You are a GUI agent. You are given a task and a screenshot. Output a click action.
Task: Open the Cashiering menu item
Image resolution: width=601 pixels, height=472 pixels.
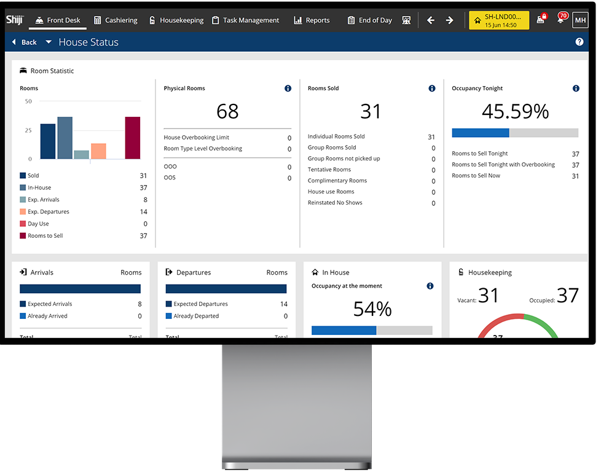tap(116, 20)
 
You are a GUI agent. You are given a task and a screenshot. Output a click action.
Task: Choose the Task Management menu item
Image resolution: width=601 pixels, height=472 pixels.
tap(245, 20)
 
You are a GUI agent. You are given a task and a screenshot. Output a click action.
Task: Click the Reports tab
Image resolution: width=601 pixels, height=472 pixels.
tap(312, 20)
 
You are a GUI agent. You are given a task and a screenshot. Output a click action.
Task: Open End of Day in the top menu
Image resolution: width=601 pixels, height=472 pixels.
tap(369, 20)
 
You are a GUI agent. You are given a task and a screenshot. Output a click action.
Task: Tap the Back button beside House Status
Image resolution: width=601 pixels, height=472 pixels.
tap(24, 42)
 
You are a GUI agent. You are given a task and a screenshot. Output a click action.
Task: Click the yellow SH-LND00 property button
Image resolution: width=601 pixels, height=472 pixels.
tap(499, 20)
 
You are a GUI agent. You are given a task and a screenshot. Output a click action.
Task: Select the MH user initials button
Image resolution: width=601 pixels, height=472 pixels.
tap(579, 20)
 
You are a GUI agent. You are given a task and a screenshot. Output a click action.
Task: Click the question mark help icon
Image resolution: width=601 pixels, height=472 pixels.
tap(579, 42)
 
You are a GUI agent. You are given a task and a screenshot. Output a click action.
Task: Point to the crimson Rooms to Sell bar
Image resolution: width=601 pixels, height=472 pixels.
tap(132, 138)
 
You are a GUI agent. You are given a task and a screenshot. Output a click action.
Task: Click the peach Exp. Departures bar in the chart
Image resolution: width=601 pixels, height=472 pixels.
tap(98, 151)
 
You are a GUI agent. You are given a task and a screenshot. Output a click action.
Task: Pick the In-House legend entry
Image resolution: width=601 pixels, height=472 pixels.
tap(39, 187)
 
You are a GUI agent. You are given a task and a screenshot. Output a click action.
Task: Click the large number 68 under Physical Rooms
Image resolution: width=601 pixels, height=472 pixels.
tap(227, 111)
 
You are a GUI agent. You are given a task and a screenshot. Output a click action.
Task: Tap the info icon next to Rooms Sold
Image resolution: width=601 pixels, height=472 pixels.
tap(432, 88)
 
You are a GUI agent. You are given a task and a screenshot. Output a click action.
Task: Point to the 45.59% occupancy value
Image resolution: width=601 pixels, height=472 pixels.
tap(515, 111)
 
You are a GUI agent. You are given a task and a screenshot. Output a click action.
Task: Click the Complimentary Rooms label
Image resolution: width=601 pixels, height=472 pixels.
tap(337, 181)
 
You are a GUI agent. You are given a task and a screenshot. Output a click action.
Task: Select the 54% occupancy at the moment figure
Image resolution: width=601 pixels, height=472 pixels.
tap(372, 309)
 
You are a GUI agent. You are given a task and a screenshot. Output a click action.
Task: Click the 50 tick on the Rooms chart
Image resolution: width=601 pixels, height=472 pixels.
tap(28, 101)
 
